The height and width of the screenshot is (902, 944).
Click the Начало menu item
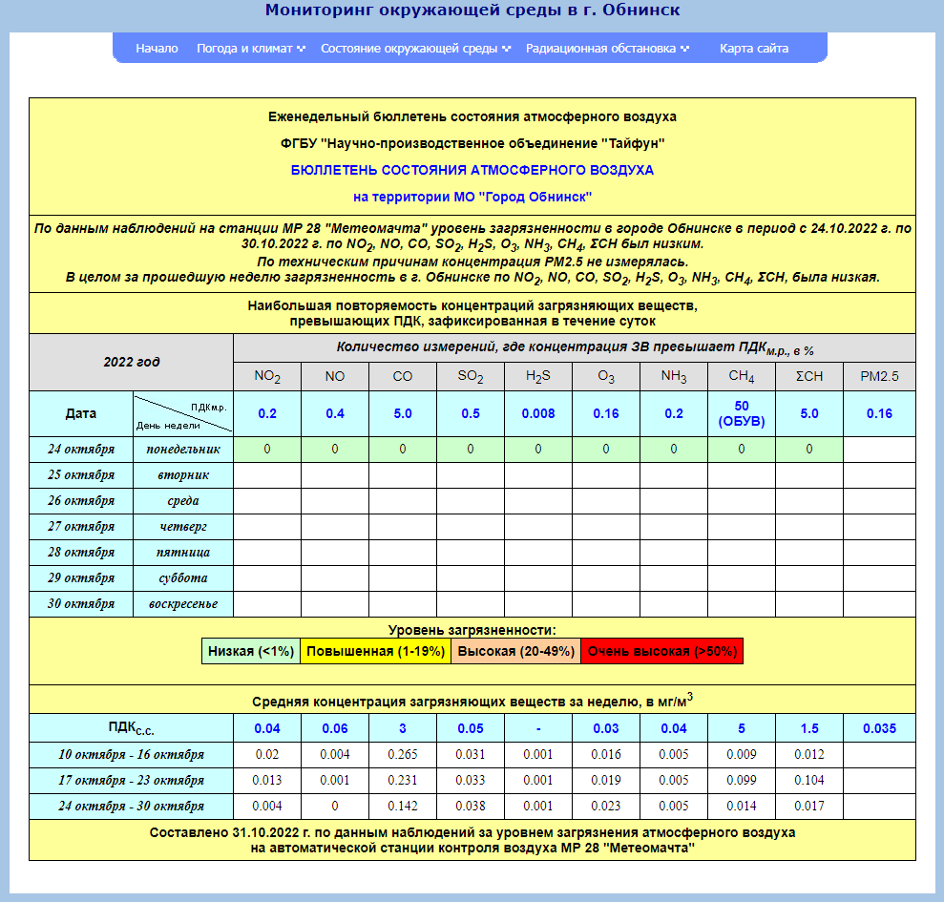pyautogui.click(x=157, y=49)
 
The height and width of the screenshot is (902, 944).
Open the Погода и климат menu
pyautogui.click(x=250, y=49)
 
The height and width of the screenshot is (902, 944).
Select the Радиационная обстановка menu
pyautogui.click(x=607, y=49)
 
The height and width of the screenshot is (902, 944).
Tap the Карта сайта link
pyautogui.click(x=754, y=49)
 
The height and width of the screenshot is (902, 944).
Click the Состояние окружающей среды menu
pyautogui.click(x=415, y=49)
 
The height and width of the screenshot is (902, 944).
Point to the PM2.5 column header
pyautogui.click(x=879, y=377)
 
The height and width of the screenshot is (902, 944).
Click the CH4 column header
pyautogui.click(x=742, y=377)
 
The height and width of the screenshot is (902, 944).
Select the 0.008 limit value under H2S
pyautogui.click(x=538, y=414)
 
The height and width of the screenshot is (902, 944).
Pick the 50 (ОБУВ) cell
pyautogui.click(x=742, y=414)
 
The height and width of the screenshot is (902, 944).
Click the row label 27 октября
pyautogui.click(x=81, y=526)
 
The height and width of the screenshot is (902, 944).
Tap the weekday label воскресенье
pyautogui.click(x=183, y=603)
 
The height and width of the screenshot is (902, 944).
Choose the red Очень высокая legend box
pyautogui.click(x=661, y=652)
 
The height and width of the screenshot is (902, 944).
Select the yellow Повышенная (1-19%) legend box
pyautogui.click(x=376, y=652)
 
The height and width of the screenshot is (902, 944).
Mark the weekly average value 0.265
pyautogui.click(x=403, y=754)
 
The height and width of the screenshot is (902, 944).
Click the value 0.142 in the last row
pyautogui.click(x=403, y=806)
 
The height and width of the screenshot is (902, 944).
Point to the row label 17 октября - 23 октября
pyautogui.click(x=131, y=780)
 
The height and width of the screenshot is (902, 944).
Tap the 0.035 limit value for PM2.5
pyautogui.click(x=879, y=729)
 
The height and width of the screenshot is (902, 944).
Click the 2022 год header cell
pyautogui.click(x=131, y=363)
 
